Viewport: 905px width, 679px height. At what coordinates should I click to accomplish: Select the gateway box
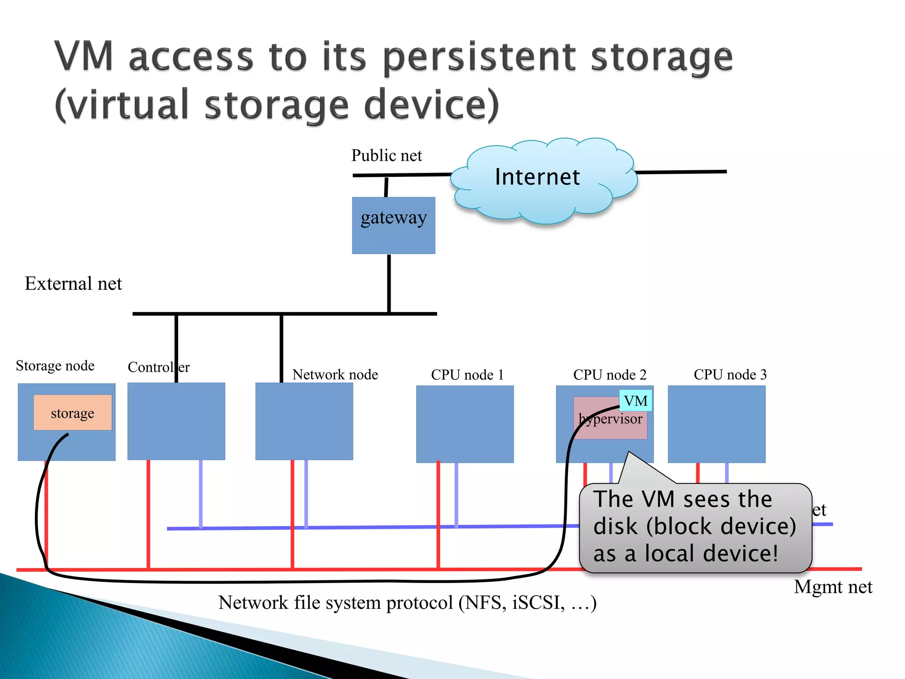coord(393,225)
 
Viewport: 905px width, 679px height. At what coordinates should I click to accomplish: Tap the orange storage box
coord(72,413)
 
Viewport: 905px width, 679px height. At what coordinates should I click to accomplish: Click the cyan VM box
coord(635,401)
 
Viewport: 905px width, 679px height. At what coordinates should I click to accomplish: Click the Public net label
coord(386,156)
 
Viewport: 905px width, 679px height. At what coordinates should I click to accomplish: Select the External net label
coord(73,283)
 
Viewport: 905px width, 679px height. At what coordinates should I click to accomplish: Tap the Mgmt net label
coord(833,587)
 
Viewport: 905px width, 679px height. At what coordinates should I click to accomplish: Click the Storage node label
coord(55,366)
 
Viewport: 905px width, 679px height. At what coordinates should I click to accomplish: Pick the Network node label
coord(335,374)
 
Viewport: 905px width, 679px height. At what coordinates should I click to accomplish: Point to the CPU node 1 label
coord(467,374)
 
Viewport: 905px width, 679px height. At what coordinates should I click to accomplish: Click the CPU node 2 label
coord(610,374)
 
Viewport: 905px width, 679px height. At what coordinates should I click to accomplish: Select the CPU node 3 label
coord(730,374)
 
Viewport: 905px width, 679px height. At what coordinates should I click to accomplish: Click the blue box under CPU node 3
coord(716,424)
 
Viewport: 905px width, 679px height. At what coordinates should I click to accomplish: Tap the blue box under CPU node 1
coord(465,424)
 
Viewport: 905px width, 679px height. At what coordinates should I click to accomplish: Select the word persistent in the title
coord(479,57)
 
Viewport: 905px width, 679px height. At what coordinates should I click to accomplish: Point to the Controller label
coord(158,367)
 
